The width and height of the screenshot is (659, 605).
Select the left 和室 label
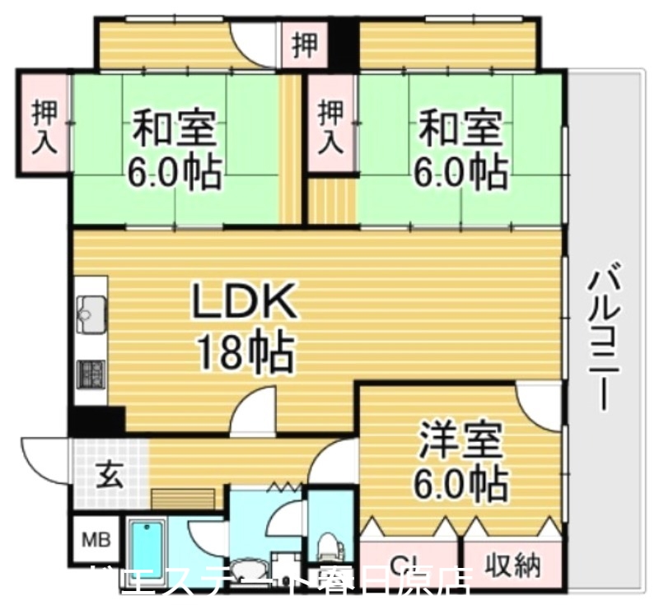175,128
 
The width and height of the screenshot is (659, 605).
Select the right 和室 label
460,128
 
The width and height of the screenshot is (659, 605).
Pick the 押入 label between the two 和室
331,125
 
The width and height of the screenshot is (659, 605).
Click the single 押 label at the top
304,45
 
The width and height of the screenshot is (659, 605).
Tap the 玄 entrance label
110,475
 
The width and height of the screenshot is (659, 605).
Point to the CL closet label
408,565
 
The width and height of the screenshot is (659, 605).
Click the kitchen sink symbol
90,311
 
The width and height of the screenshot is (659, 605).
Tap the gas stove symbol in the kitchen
90,375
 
